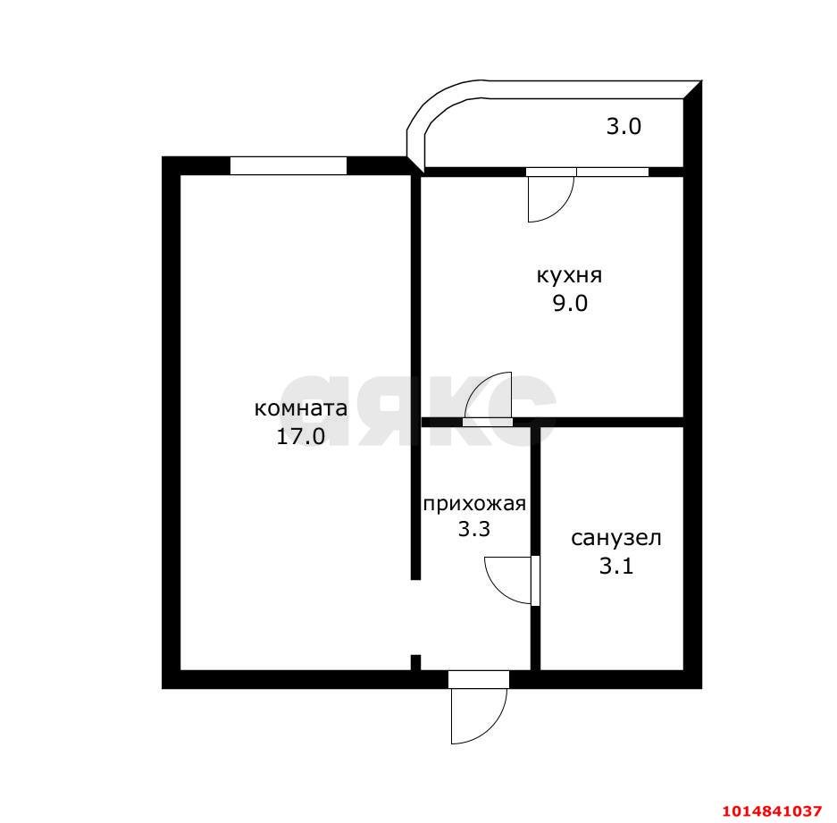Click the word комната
pyautogui.click(x=300, y=409)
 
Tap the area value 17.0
pyautogui.click(x=300, y=436)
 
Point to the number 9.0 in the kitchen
pyautogui.click(x=570, y=303)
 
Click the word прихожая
pyautogui.click(x=474, y=504)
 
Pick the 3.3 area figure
pyautogui.click(x=474, y=529)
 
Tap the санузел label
pyautogui.click(x=616, y=538)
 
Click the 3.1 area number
pyautogui.click(x=616, y=566)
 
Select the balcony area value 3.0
pyautogui.click(x=624, y=127)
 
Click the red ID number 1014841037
pyautogui.click(x=772, y=810)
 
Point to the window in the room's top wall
pyautogui.click(x=289, y=165)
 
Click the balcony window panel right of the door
pyautogui.click(x=613, y=172)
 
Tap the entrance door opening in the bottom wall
pyautogui.click(x=479, y=679)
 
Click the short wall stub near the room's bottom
pyautogui.click(x=416, y=662)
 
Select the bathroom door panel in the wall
pyautogui.click(x=535, y=581)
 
